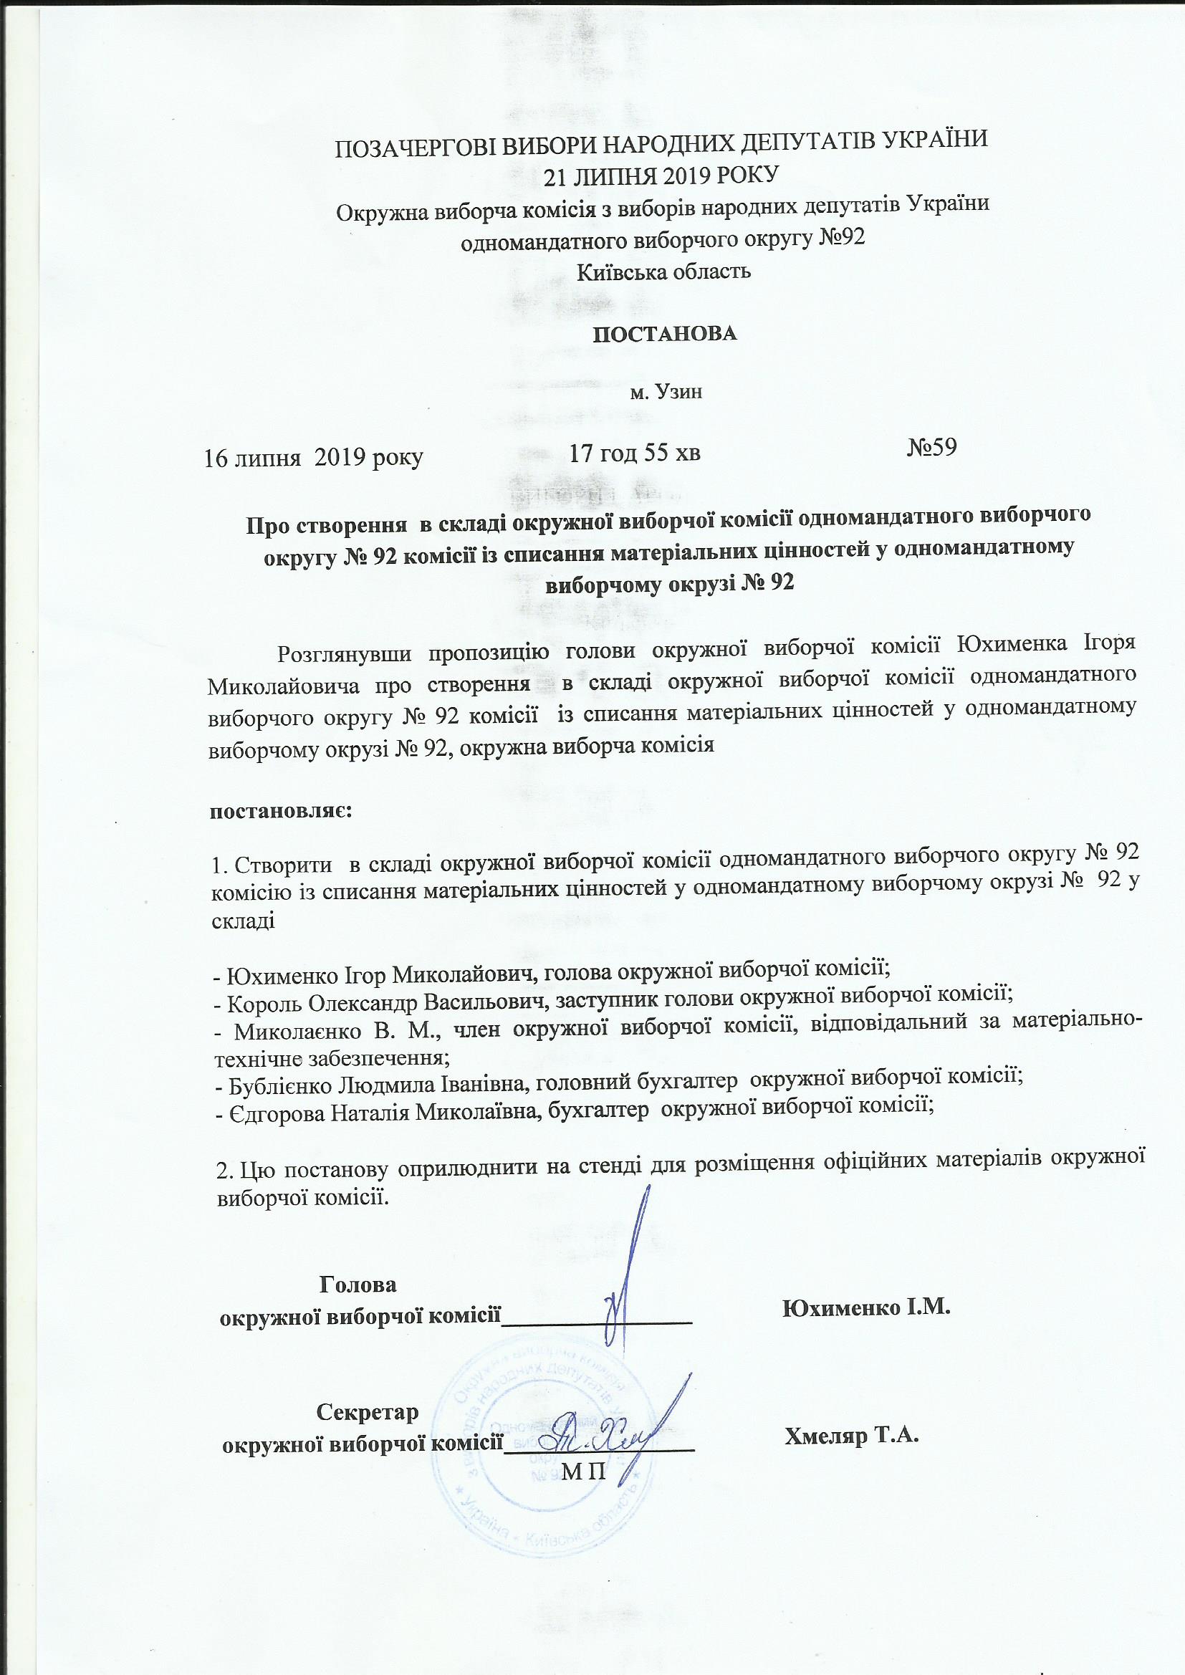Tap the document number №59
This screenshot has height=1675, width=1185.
click(x=931, y=446)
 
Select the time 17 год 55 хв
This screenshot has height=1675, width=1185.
click(x=635, y=453)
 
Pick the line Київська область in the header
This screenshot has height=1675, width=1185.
click(x=664, y=272)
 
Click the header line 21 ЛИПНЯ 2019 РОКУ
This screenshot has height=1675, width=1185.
click(x=663, y=173)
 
